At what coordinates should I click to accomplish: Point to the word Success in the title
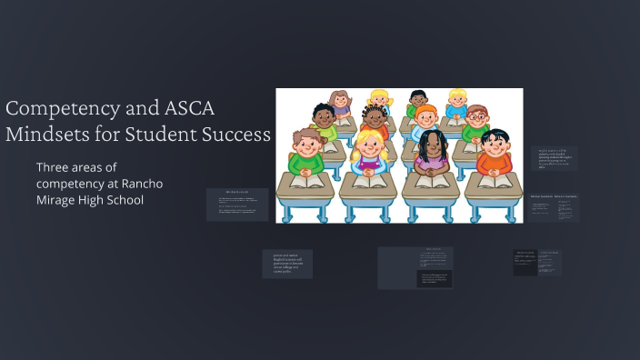(238, 135)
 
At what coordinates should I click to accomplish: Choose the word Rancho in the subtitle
(141, 184)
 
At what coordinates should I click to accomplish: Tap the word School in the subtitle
(121, 200)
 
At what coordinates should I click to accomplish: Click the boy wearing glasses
(477, 120)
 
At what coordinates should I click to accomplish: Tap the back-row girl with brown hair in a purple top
(341, 102)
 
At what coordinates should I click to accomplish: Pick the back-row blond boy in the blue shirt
(456, 100)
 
